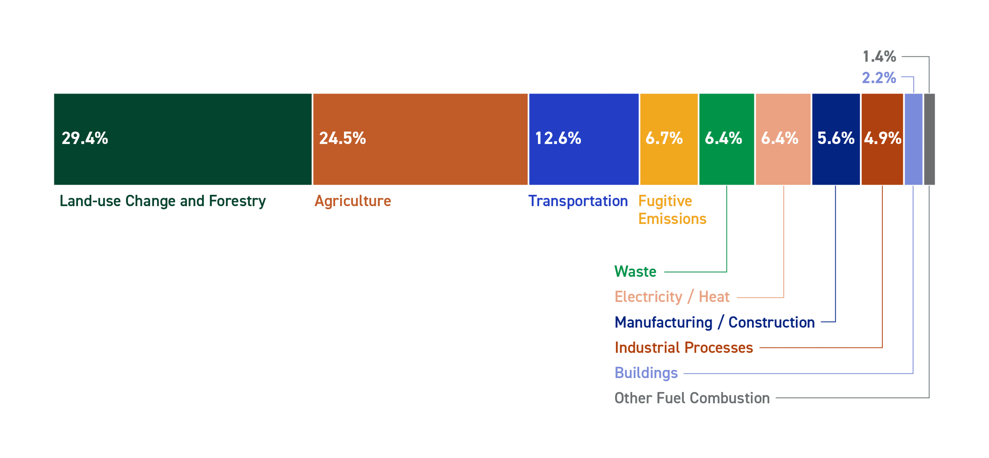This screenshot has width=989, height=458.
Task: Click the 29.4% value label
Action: coord(85,138)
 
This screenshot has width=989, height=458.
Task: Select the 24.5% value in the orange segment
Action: coord(343,138)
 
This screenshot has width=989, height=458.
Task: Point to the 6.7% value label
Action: coord(664,138)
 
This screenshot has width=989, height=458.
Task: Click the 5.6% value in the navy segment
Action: coord(836,138)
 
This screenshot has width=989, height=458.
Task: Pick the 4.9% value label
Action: coord(882,138)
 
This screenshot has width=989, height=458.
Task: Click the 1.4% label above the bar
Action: coord(879,57)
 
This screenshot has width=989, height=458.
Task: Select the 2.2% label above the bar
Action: coord(879,78)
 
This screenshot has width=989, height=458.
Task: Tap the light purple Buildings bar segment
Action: coord(913,139)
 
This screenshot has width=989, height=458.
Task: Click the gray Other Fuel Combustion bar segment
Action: coord(929,139)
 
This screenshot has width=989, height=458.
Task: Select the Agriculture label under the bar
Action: coord(352,201)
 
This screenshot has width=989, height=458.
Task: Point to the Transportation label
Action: coord(578,201)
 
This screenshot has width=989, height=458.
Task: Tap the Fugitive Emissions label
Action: coord(672,210)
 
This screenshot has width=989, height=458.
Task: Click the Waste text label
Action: coord(635,272)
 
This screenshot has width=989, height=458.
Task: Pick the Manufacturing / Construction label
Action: coord(714,322)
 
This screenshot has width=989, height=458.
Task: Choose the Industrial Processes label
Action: coord(684,348)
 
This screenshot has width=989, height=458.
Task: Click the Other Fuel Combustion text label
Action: coord(692,398)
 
